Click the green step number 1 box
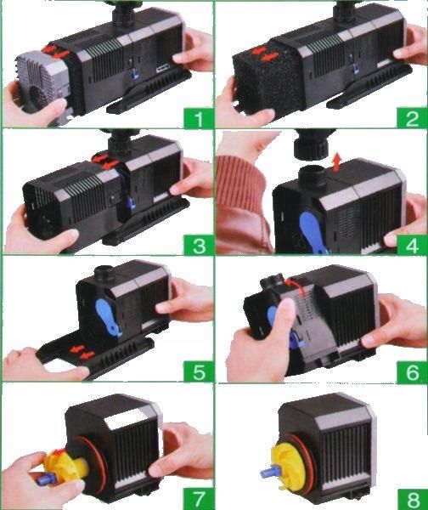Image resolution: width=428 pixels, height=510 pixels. (x=198, y=118)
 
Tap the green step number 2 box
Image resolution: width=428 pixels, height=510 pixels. (x=412, y=118)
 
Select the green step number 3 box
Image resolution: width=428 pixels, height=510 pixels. (x=198, y=245)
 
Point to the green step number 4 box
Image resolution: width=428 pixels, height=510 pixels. (x=412, y=245)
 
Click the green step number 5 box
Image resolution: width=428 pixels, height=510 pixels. (x=198, y=371)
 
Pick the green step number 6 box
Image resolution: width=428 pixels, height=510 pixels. (x=412, y=371)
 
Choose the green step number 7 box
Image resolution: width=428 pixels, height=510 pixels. (x=198, y=498)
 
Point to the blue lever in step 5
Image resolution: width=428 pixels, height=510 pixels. (x=108, y=317)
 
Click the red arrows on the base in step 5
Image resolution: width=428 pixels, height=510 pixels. (x=82, y=353)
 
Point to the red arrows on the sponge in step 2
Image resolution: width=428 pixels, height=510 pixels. (x=265, y=54)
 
